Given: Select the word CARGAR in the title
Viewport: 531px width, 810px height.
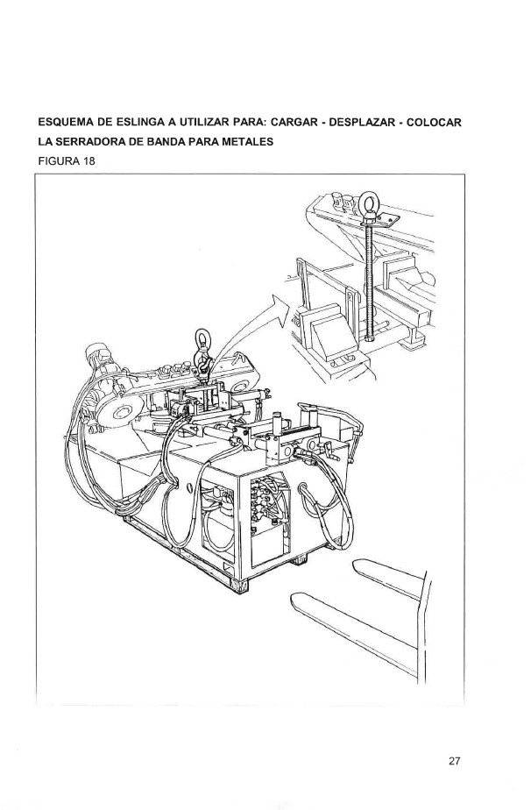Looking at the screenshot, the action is click(294, 123).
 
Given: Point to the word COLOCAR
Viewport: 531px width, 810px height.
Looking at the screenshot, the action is click(434, 123).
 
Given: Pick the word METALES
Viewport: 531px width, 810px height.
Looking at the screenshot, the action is click(251, 141).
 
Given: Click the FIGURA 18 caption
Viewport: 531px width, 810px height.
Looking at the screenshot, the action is click(67, 160).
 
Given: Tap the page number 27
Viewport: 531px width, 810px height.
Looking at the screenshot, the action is click(455, 760).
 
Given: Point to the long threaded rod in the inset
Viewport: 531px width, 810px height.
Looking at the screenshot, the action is click(369, 279).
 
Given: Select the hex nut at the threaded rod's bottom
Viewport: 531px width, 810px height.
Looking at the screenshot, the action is click(369, 338).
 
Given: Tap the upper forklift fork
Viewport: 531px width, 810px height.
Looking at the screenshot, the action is click(388, 578).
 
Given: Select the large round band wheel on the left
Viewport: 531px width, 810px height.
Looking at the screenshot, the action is click(120, 410).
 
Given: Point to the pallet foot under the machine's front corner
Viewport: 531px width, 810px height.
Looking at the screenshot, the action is click(238, 586).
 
